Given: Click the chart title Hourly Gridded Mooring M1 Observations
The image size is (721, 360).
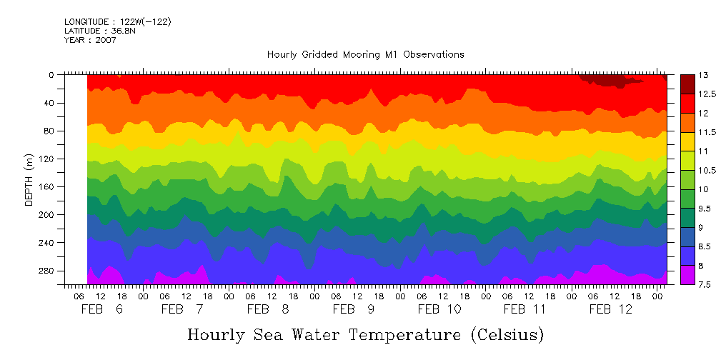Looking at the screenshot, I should click(365, 54).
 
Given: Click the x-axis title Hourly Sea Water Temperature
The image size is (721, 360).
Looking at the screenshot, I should click(365, 334).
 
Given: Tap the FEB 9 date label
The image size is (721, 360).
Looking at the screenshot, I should click(354, 309).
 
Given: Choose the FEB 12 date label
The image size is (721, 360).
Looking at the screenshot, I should click(611, 309).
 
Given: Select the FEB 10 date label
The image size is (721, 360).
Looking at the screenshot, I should click(439, 309).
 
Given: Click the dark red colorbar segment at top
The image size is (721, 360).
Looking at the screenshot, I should click(687, 84).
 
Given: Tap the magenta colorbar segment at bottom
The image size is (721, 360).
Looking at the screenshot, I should click(687, 275).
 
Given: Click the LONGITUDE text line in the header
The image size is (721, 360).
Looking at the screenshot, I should click(117, 22).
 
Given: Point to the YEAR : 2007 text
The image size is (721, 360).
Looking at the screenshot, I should click(90, 40).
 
